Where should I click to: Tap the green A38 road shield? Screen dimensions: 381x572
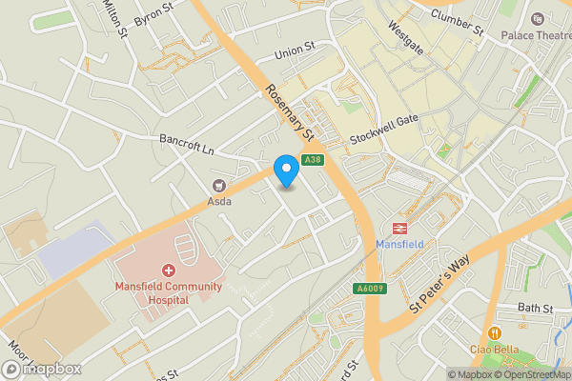pyautogui.click(x=311, y=160)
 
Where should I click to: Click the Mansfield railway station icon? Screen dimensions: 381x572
pyautogui.click(x=398, y=228)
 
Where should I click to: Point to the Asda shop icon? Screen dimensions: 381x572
pyautogui.click(x=218, y=185)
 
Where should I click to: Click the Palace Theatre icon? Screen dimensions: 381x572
pyautogui.click(x=537, y=19)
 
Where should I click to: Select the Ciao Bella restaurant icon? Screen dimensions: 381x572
pyautogui.click(x=494, y=332)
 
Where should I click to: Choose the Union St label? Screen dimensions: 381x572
pyautogui.click(x=293, y=48)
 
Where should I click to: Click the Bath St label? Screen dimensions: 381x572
pyautogui.click(x=536, y=309)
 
